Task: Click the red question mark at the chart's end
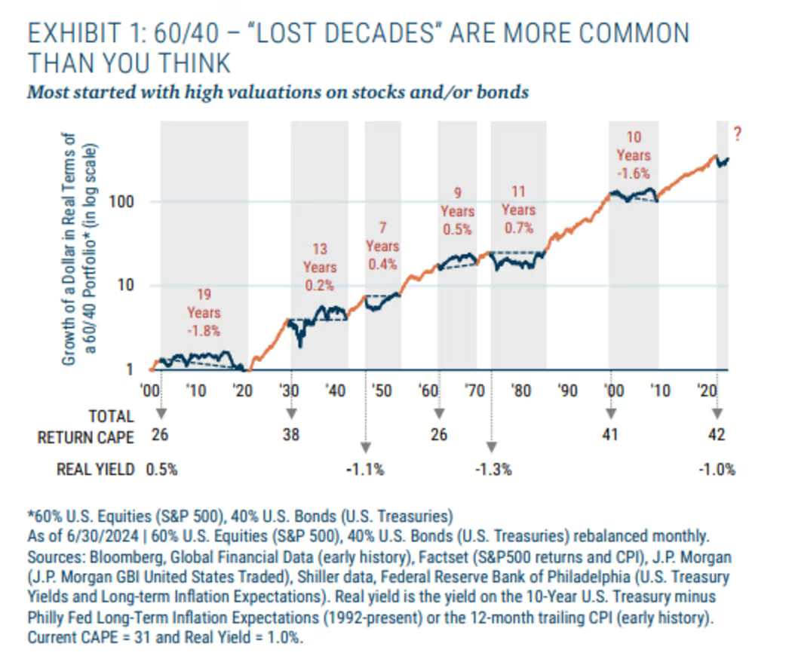[x=738, y=136]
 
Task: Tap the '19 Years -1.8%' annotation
[x=204, y=312]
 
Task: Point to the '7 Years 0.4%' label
[x=382, y=246]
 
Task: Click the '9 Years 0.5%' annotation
[x=458, y=211]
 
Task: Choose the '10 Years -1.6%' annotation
[x=634, y=155]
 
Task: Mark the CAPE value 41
[x=611, y=434]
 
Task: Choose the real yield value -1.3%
[x=493, y=469]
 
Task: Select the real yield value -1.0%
[x=716, y=469]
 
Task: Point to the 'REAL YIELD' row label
[x=95, y=469]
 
